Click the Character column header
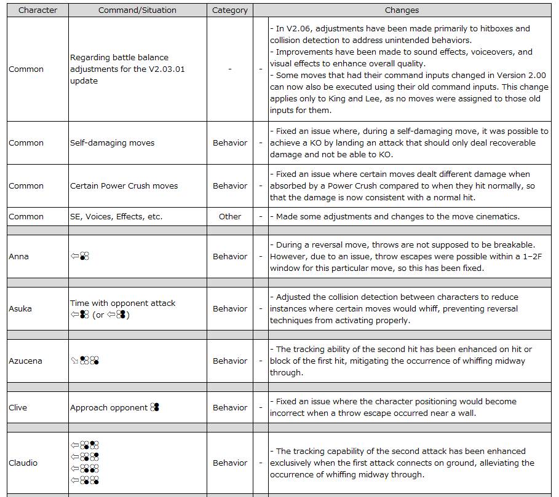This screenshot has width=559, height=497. [x=38, y=10]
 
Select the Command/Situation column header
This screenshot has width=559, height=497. [x=137, y=10]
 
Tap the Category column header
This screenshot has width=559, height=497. [x=230, y=10]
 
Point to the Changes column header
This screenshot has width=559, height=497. [x=402, y=10]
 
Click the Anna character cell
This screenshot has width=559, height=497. [x=18, y=256]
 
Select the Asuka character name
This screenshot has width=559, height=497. [x=20, y=308]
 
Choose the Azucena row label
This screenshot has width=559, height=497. [x=25, y=361]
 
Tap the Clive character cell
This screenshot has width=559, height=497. [x=18, y=407]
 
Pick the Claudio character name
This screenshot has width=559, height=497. [x=23, y=463]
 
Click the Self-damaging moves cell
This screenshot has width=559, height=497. [x=112, y=143]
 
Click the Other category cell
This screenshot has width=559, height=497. [x=230, y=216]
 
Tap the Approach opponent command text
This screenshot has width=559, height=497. [x=109, y=407]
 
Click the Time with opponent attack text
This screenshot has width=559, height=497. [x=122, y=303]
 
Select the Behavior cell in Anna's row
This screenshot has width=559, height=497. [x=230, y=256]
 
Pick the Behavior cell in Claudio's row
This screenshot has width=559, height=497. [x=230, y=463]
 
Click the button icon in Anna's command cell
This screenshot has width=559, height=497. [x=85, y=256]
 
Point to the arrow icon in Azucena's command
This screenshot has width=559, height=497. [x=74, y=361]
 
